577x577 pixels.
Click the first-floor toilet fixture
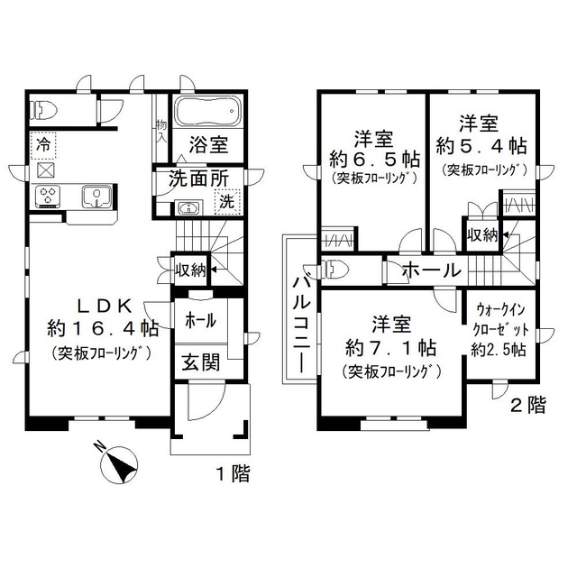[42, 111]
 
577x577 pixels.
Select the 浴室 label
[208, 144]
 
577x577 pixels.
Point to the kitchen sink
[95, 196]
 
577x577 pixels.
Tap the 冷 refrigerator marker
[43, 142]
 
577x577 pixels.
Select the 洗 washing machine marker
[228, 202]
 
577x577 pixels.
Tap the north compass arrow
[117, 465]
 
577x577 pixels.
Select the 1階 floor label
[233, 472]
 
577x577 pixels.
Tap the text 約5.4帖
[481, 145]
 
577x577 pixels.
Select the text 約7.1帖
[390, 346]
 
